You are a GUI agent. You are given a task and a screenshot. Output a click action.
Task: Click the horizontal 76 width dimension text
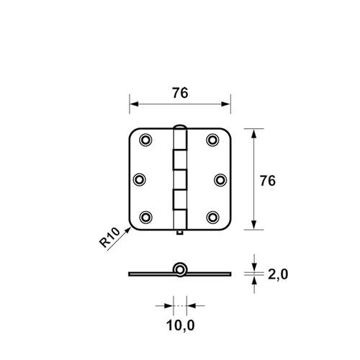[x=180, y=92]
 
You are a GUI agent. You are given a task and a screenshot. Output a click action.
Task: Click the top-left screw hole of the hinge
[x=146, y=140]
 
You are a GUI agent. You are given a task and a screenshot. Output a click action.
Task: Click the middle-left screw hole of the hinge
[x=142, y=179]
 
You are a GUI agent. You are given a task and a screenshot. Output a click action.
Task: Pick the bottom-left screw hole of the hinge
[x=146, y=217]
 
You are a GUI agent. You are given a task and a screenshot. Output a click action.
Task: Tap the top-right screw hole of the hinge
[x=213, y=140]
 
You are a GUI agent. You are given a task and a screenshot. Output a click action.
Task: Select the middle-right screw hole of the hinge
[x=217, y=179]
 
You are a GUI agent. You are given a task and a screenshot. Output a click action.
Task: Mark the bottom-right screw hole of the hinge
[x=213, y=217]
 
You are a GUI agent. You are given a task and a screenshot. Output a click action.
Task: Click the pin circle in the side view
[x=180, y=270]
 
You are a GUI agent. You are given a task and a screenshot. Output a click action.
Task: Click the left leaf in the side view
[x=151, y=274]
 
